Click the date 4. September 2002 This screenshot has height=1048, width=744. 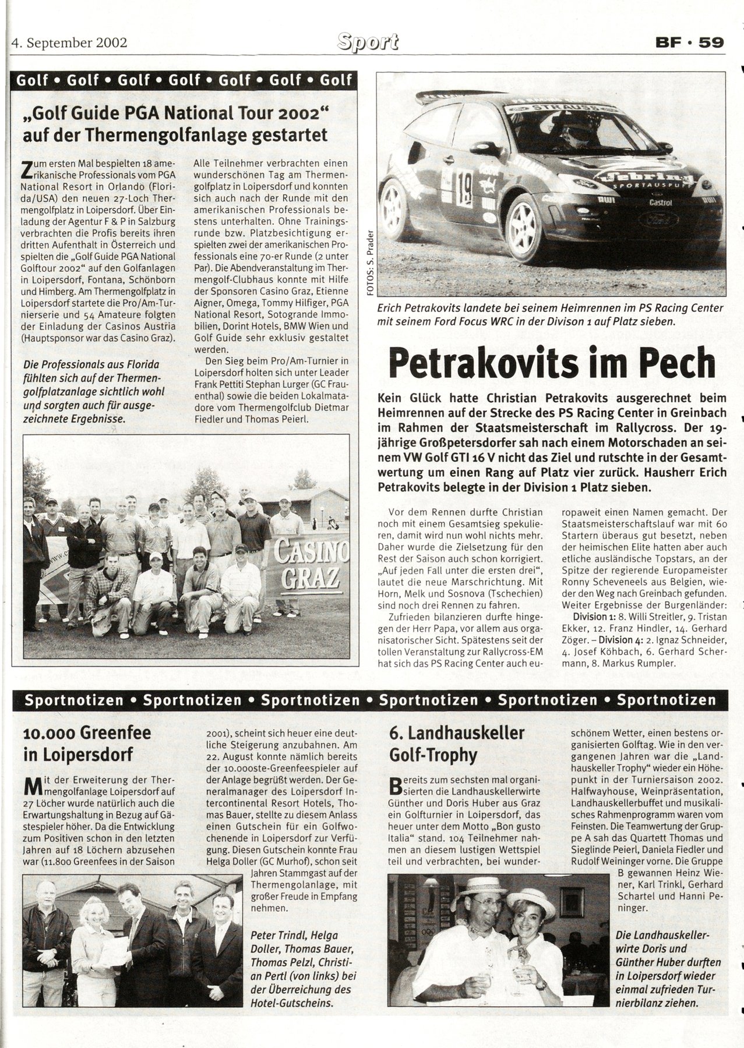pyautogui.click(x=69, y=43)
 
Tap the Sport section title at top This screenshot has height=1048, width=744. pyautogui.click(x=368, y=42)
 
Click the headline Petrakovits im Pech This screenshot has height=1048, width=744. pyautogui.click(x=551, y=363)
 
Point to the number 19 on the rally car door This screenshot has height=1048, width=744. pyautogui.click(x=464, y=188)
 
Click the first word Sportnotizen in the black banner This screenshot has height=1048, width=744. pyautogui.click(x=73, y=700)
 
